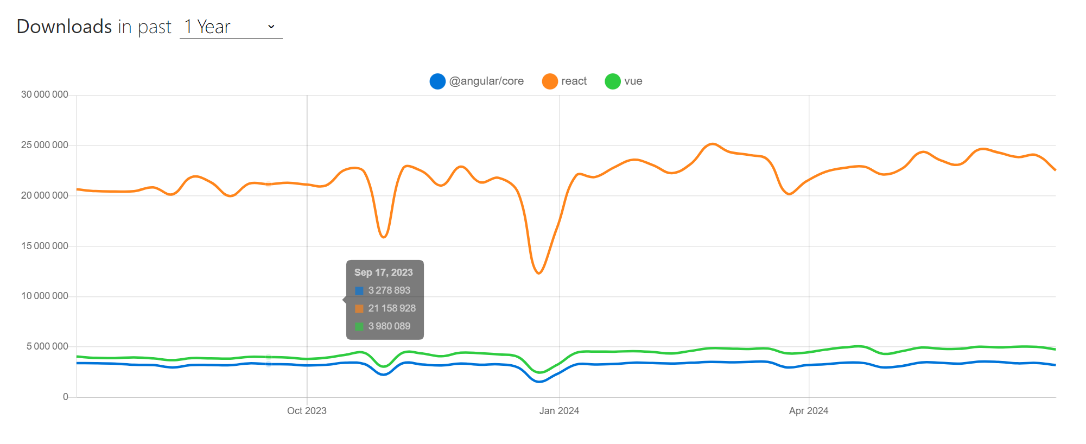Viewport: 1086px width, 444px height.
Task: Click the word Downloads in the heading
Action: [x=64, y=27]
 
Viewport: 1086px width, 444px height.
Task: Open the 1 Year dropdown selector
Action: [x=231, y=27]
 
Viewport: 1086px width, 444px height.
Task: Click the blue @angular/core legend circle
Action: [x=437, y=81]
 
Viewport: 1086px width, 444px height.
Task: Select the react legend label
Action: [x=574, y=81]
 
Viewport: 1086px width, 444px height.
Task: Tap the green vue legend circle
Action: [x=613, y=81]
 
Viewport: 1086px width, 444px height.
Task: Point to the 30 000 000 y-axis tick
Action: [x=45, y=94]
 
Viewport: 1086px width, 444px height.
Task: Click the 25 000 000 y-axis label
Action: [x=45, y=145]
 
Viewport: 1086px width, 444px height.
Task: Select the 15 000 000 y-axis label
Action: [x=45, y=246]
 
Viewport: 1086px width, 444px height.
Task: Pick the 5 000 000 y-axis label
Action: [x=47, y=346]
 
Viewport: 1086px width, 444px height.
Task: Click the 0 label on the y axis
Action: [x=65, y=397]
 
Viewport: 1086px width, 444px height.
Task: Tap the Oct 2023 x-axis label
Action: [x=307, y=411]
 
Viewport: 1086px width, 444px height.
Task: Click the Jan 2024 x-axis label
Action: [x=559, y=411]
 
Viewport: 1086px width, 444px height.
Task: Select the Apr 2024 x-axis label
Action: [x=809, y=411]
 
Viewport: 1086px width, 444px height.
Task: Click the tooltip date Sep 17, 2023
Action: [x=383, y=272]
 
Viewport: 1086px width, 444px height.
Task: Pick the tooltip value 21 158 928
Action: [x=392, y=308]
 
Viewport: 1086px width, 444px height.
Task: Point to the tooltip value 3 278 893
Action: [x=389, y=290]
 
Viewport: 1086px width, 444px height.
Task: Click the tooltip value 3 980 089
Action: [x=389, y=326]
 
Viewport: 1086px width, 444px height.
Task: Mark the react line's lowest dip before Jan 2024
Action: [x=539, y=273]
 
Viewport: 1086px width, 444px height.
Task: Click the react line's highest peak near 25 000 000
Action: [x=713, y=144]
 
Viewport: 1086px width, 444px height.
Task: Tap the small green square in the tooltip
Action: [x=359, y=326]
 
